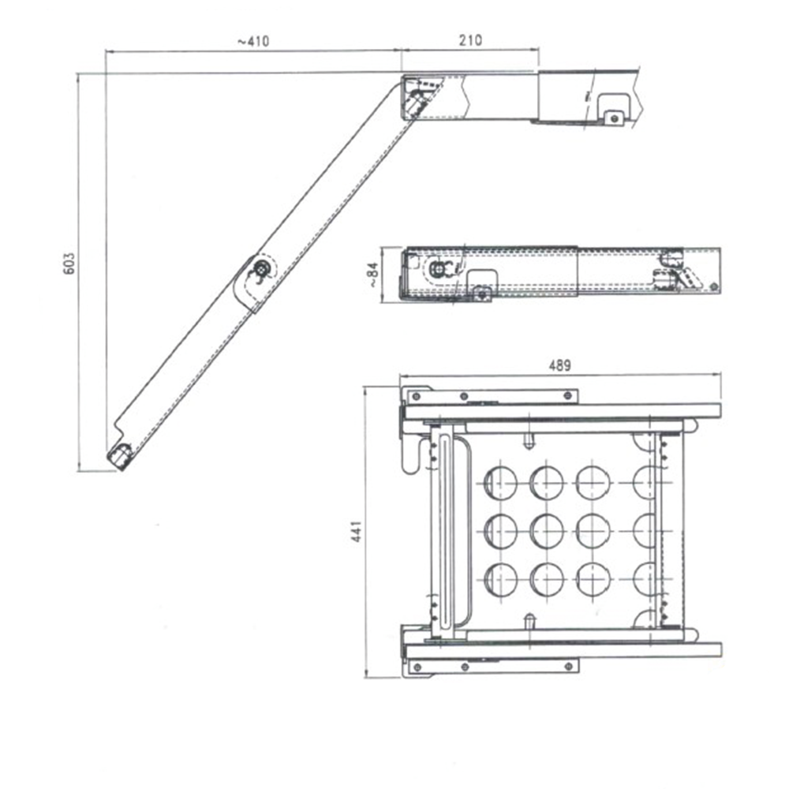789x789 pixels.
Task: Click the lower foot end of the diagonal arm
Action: click(x=120, y=456)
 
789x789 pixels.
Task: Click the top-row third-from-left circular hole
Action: click(x=592, y=482)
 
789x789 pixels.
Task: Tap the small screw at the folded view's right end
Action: click(x=713, y=286)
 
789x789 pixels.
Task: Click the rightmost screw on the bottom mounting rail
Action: click(x=568, y=667)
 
